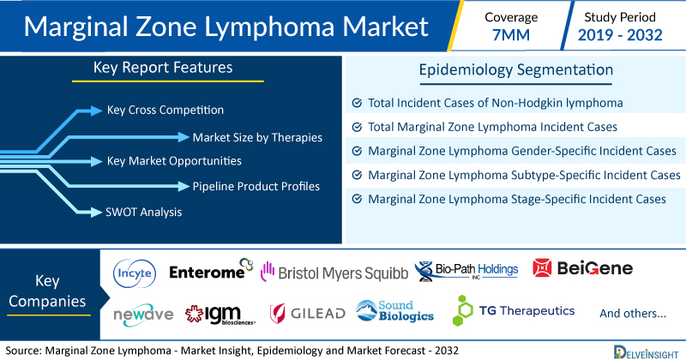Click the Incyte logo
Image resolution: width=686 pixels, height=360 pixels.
point(135,273)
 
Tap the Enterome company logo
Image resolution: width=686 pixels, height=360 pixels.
point(211,269)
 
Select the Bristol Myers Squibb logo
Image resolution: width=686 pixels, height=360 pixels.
point(334,272)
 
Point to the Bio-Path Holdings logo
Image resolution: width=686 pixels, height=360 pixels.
point(466,271)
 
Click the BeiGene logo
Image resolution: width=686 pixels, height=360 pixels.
point(583,267)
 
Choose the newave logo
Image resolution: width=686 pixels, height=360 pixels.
point(143,315)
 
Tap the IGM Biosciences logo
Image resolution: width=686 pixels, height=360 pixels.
point(220,315)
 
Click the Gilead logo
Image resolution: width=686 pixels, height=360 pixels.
point(308,313)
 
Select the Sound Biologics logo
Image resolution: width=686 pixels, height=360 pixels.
point(394,311)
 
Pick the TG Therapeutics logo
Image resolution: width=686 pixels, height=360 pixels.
point(514,310)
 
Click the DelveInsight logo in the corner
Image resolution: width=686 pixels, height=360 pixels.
point(647,352)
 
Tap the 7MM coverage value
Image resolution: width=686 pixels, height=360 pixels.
point(511,35)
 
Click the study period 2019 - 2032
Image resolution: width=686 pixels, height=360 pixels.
point(620,35)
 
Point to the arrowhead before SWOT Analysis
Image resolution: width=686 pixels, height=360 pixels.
point(96,213)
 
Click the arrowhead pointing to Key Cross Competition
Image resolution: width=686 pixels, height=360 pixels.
point(96,111)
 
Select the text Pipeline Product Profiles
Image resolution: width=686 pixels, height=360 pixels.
point(256,186)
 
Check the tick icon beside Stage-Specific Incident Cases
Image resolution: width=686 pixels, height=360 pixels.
point(357,199)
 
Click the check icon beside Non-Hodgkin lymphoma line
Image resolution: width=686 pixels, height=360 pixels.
point(357,103)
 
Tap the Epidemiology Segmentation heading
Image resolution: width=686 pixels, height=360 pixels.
point(516,70)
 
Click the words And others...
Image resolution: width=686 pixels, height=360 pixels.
point(633,313)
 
